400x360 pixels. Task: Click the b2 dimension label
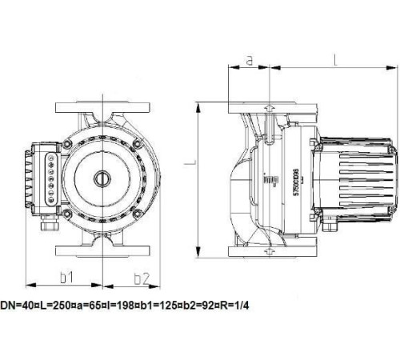point(142,278)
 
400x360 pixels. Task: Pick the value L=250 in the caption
point(50,305)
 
